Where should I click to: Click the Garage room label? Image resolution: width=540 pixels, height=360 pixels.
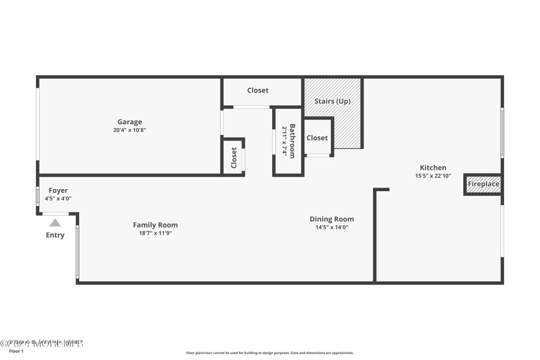[129, 122]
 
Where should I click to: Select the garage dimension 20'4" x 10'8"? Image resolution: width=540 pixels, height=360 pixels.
[129, 130]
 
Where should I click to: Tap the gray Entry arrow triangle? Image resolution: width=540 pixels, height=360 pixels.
[55, 223]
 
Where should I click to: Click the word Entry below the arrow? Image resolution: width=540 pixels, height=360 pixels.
[55, 235]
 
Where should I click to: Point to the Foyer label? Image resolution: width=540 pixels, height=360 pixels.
[58, 190]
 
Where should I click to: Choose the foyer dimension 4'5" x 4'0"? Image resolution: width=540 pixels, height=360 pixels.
[58, 198]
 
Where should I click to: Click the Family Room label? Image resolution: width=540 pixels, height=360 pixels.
[155, 225]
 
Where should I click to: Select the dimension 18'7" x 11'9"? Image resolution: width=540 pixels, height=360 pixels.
[155, 233]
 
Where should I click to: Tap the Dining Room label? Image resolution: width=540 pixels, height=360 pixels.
[332, 219]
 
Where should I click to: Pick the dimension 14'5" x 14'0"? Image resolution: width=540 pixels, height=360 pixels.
[332, 227]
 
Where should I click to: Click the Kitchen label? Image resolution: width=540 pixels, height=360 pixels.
[433, 167]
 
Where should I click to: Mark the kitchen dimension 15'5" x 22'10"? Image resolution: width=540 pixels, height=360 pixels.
[433, 176]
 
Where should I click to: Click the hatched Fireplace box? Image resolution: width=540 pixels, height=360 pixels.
[483, 184]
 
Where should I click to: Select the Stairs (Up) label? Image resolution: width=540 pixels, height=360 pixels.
[332, 101]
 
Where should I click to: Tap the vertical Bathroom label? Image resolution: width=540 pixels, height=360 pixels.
[292, 141]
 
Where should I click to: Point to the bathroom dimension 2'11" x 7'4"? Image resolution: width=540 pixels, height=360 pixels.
[284, 141]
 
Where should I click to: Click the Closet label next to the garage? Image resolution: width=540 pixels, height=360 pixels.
[234, 158]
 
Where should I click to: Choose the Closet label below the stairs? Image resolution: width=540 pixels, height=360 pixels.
[317, 138]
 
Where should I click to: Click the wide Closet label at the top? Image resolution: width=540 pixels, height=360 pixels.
[258, 90]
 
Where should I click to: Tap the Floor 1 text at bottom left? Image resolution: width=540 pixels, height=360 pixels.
[16, 351]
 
